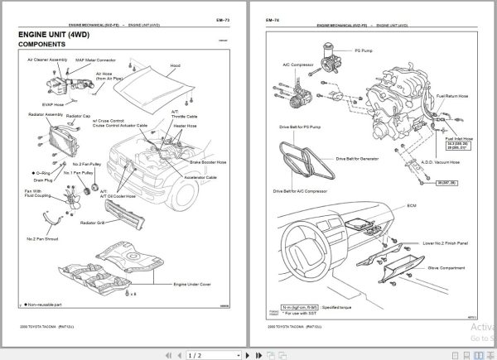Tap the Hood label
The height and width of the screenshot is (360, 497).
tap(175, 65)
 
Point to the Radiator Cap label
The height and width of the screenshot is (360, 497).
tap(79, 116)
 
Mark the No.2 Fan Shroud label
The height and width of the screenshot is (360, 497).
tap(44, 239)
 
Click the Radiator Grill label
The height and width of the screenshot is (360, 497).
tap(93, 223)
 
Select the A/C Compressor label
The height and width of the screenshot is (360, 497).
tap(296, 63)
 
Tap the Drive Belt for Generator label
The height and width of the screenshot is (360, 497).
tap(358, 157)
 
